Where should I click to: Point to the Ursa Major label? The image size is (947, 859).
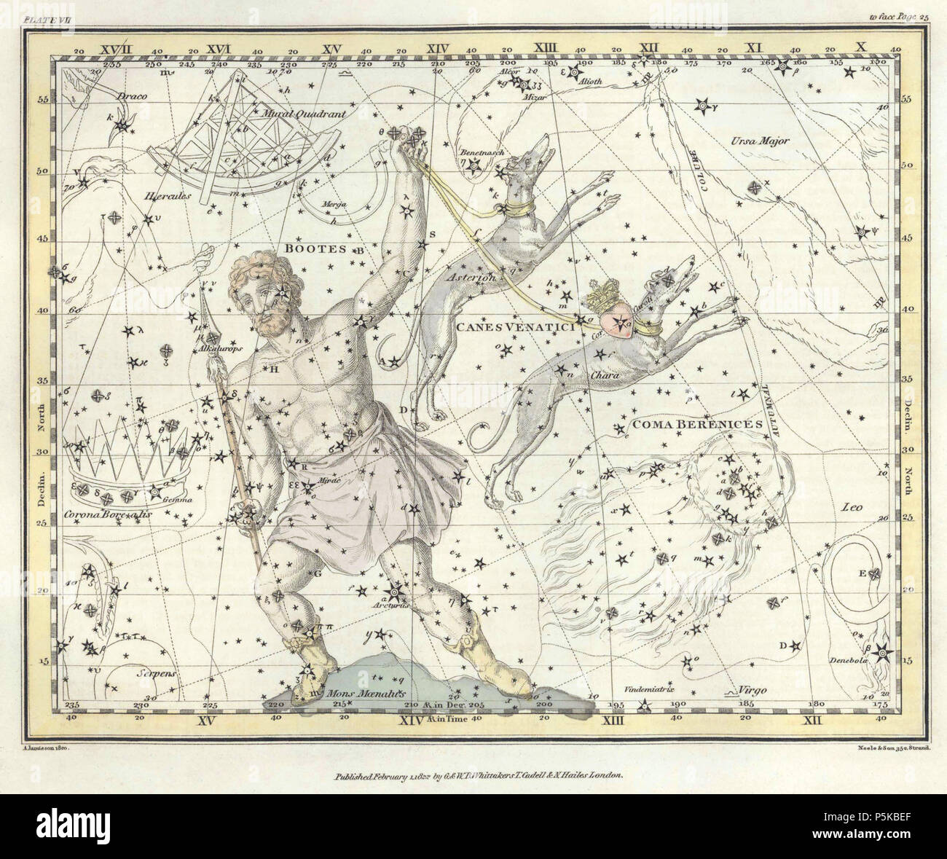[766, 139]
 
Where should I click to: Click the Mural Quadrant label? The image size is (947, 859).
[289, 114]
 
